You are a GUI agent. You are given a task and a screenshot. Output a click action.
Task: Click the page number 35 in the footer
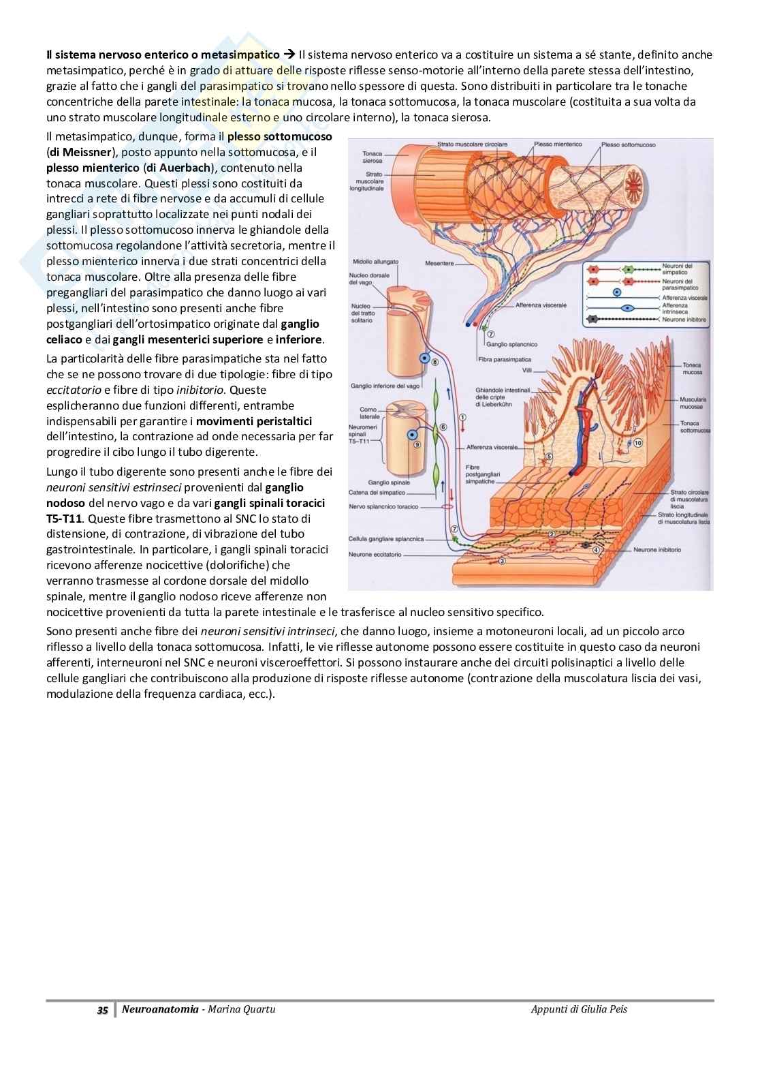point(102,1010)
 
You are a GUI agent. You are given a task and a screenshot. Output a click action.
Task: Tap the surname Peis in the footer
point(616,1009)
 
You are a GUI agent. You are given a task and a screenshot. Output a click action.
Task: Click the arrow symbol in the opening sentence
point(288,55)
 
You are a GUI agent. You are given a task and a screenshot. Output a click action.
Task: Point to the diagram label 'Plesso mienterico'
point(558,144)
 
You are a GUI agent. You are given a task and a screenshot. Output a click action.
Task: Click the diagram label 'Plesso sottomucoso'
point(628,145)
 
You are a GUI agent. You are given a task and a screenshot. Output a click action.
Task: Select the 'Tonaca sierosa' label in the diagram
point(372,157)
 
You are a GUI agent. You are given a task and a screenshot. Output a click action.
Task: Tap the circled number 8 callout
point(436,362)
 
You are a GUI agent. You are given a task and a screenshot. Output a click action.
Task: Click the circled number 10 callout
point(637,442)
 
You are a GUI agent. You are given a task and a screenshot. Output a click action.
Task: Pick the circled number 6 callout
point(443,427)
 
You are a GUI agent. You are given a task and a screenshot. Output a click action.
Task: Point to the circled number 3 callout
point(503,562)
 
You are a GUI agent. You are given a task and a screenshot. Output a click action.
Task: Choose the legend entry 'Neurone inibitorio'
point(684,319)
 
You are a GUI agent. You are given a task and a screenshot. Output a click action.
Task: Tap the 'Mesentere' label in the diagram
point(439,262)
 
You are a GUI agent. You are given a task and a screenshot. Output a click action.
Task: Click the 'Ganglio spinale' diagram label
point(388,482)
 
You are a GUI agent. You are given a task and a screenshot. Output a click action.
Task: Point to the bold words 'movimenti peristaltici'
point(254,421)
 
